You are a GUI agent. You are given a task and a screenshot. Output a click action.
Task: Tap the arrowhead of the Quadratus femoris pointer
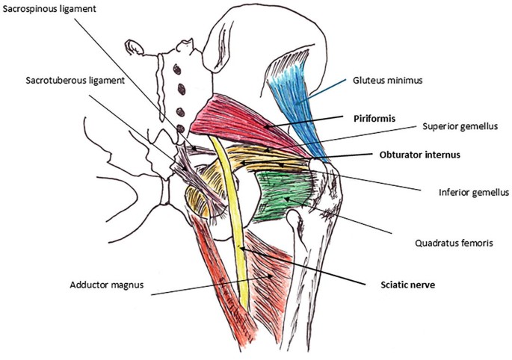(295, 199)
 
